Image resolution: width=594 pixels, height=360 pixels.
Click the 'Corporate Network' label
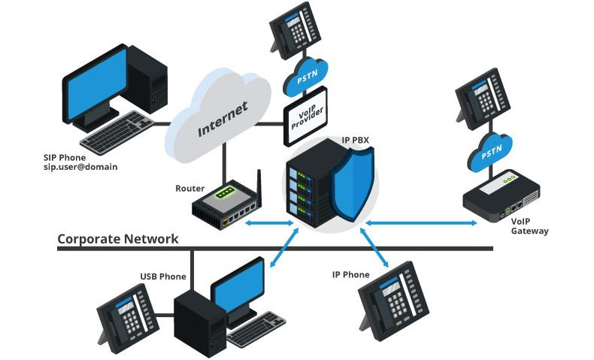pyautogui.click(x=118, y=239)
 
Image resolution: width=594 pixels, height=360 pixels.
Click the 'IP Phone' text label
pyautogui.click(x=350, y=275)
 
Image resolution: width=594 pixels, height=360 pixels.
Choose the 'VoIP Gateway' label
pyautogui.click(x=529, y=226)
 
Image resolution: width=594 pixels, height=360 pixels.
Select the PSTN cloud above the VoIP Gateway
pyautogui.click(x=489, y=152)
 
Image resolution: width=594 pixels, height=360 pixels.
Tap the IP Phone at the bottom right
pyautogui.click(x=395, y=301)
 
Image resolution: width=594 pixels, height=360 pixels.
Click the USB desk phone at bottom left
pyautogui.click(x=129, y=316)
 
